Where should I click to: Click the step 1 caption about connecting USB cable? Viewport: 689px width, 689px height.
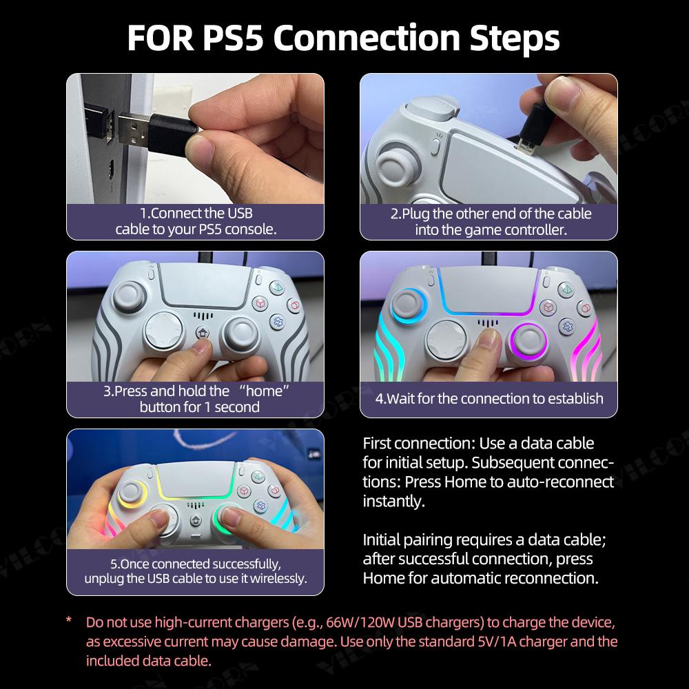pos(196,221)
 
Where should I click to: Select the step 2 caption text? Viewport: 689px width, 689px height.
pos(490,221)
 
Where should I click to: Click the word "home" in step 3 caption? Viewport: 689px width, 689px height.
pos(264,391)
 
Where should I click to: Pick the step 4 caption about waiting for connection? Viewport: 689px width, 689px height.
pos(489,398)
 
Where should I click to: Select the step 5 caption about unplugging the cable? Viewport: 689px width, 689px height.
pos(195,571)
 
